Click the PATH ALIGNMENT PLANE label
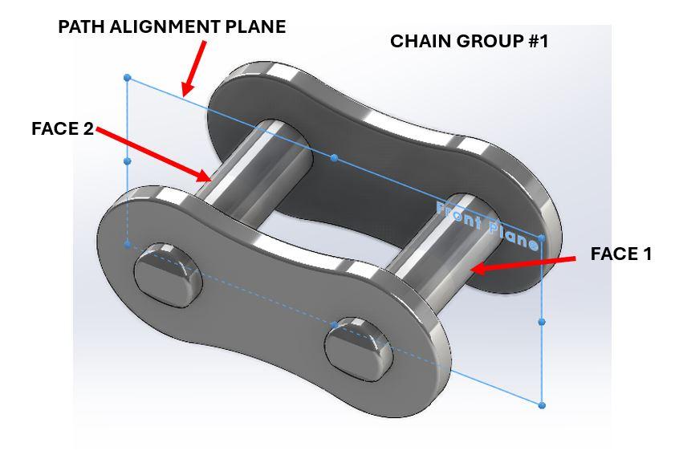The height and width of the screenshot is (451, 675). pos(172,26)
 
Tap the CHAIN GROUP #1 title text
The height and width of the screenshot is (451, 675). pos(469,41)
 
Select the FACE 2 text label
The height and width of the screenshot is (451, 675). pos(63,128)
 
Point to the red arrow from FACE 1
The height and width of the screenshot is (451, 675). pos(522,263)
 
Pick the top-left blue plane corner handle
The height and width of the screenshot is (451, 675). pos(128,78)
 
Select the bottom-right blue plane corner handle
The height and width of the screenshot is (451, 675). pos(543,405)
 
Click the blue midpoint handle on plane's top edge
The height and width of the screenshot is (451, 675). pos(335,159)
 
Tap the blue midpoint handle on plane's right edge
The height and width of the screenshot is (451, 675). pos(543,322)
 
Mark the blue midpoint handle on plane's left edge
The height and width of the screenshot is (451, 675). pos(128,161)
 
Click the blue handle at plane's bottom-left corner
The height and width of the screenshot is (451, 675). pos(128,244)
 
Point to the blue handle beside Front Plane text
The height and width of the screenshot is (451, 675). pos(542,238)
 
